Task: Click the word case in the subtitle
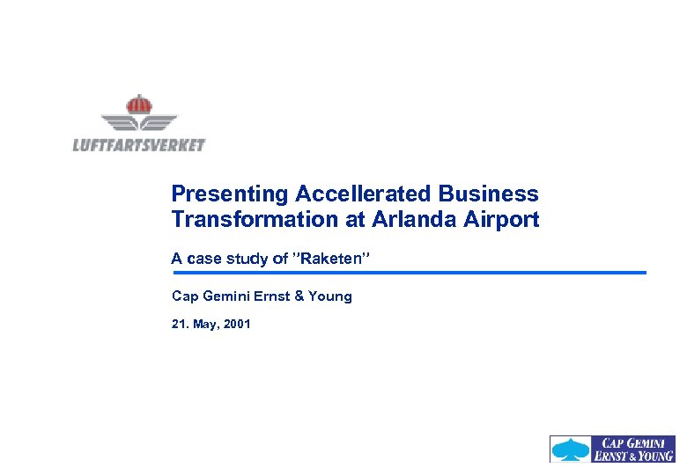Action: pyautogui.click(x=200, y=259)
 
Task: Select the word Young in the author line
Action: pyautogui.click(x=330, y=296)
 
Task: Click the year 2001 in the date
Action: pyautogui.click(x=237, y=325)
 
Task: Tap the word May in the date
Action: pyautogui.click(x=203, y=325)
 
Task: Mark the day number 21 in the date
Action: pyautogui.click(x=178, y=325)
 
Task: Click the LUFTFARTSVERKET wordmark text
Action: pyautogui.click(x=138, y=145)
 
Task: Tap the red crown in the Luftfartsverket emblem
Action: pyautogui.click(x=138, y=104)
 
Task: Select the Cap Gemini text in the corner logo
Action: pyautogui.click(x=634, y=442)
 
